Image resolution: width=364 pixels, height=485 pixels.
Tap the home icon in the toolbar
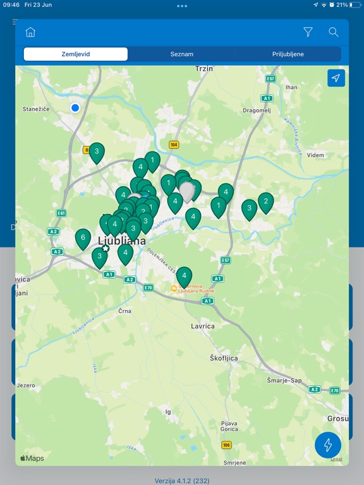(x=30, y=32)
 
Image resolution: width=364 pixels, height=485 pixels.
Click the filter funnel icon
(x=308, y=32)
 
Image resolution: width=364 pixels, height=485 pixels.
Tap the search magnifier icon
(x=334, y=32)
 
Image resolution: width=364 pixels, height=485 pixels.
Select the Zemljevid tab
(x=76, y=54)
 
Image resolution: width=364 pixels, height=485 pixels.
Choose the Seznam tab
(x=182, y=54)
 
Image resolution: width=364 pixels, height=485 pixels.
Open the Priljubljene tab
(x=288, y=54)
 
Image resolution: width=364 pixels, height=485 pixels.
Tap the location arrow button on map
(x=336, y=78)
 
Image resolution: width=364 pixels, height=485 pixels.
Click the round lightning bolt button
(x=328, y=445)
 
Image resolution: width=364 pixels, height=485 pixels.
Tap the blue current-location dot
(x=75, y=108)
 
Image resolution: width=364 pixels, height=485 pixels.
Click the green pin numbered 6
(x=83, y=238)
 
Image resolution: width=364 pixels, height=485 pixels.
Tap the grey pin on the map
(x=187, y=190)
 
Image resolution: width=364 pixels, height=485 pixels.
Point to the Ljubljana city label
(x=122, y=241)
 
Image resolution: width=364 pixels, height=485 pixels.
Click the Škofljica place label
(x=224, y=358)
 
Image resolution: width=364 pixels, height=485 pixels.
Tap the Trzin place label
(x=204, y=68)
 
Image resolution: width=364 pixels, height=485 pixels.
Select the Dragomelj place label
(x=257, y=109)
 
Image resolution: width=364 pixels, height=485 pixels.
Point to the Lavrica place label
(x=203, y=326)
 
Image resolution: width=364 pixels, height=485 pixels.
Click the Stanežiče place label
(x=36, y=109)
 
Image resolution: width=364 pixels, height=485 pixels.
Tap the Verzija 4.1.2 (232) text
(x=182, y=481)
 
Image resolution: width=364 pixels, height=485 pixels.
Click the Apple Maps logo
(x=32, y=458)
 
